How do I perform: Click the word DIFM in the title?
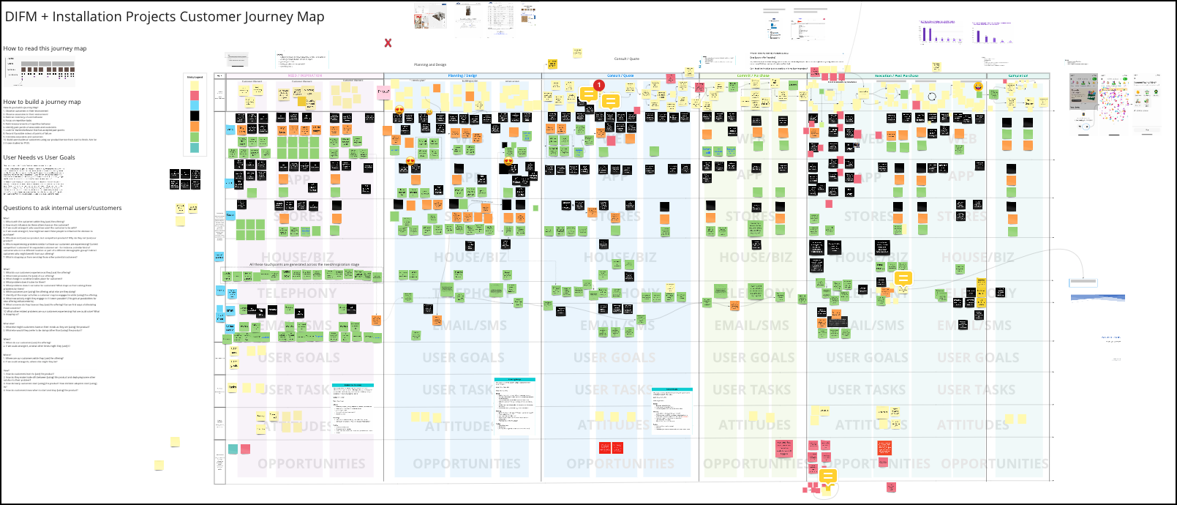coord(21,17)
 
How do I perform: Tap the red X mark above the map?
coord(388,43)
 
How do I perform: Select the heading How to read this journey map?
coord(45,48)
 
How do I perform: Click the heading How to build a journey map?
coord(42,102)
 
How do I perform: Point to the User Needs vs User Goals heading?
coord(39,157)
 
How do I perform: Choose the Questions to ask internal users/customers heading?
coord(62,208)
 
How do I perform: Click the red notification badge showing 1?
coord(599,85)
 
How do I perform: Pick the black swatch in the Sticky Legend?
coord(195,116)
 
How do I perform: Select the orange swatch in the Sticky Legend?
coord(195,126)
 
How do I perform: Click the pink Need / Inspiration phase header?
coord(304,75)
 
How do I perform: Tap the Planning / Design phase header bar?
coord(462,75)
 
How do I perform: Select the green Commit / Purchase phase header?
coord(753,75)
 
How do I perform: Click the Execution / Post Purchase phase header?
coord(896,75)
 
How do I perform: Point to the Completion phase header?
coord(1018,75)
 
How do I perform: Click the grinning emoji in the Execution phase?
coord(979,87)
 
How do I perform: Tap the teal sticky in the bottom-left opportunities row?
coord(233,449)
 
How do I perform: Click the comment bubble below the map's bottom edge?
coord(827,476)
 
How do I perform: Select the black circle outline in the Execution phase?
coord(932,97)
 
